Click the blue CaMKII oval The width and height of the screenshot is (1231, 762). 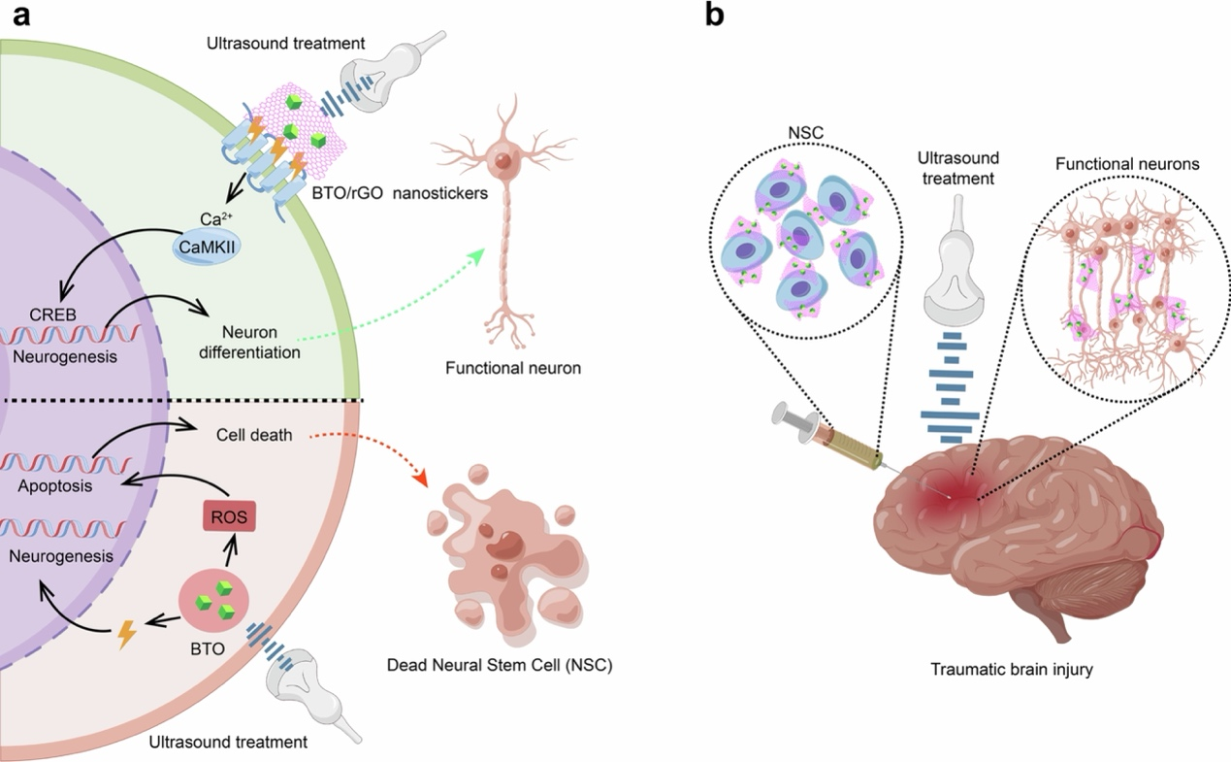(x=207, y=247)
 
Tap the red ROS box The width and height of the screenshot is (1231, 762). (x=229, y=516)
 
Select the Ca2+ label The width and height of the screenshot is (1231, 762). (x=216, y=218)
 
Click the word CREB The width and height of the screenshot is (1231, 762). (x=52, y=315)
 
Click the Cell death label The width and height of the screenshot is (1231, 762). (x=254, y=435)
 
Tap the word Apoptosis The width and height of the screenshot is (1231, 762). (x=55, y=486)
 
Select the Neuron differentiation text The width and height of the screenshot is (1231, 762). (x=249, y=342)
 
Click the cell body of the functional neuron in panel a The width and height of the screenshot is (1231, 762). (x=502, y=160)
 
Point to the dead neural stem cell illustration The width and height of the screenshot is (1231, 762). (x=506, y=554)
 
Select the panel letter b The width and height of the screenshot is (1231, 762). (x=714, y=15)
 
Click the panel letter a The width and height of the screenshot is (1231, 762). (x=21, y=17)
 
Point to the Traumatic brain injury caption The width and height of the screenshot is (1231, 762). (x=1011, y=669)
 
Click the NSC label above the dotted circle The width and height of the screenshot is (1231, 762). (x=806, y=132)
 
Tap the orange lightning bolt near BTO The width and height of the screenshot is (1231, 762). (x=127, y=635)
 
